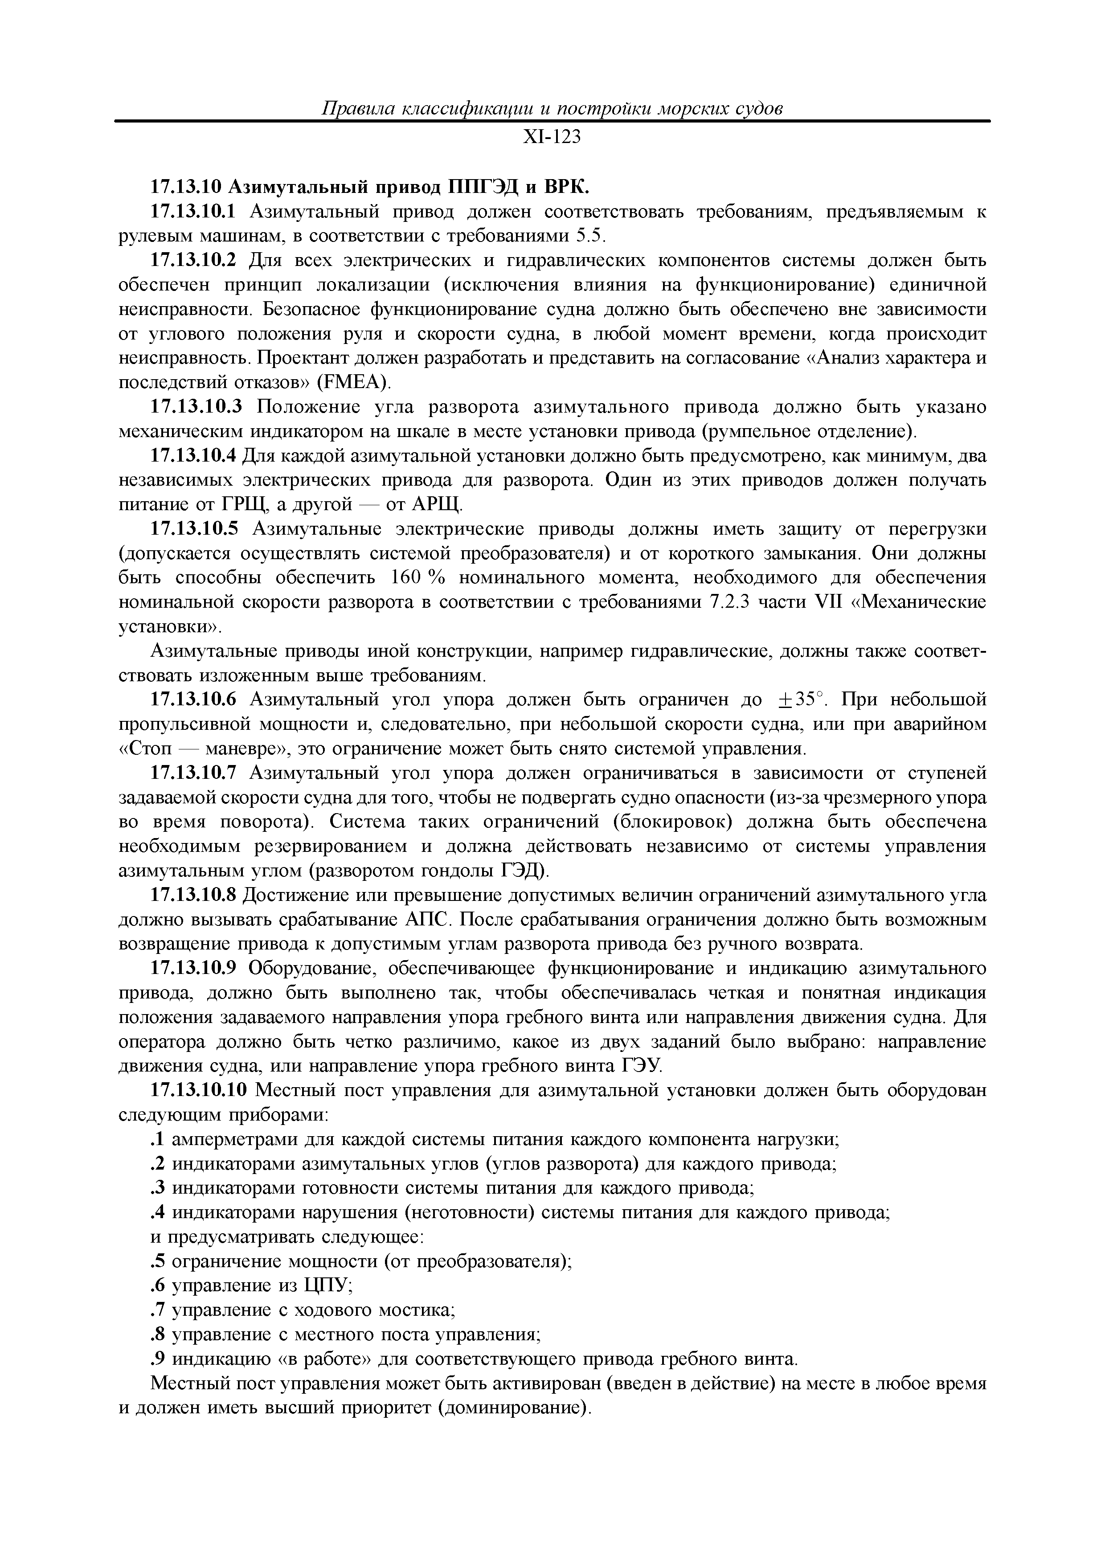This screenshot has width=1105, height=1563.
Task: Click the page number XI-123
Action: click(x=552, y=138)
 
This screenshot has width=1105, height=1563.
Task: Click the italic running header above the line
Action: click(x=552, y=108)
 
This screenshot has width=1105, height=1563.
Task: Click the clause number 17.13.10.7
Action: click(x=192, y=773)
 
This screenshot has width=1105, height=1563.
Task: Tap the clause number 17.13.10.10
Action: click(x=197, y=1091)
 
